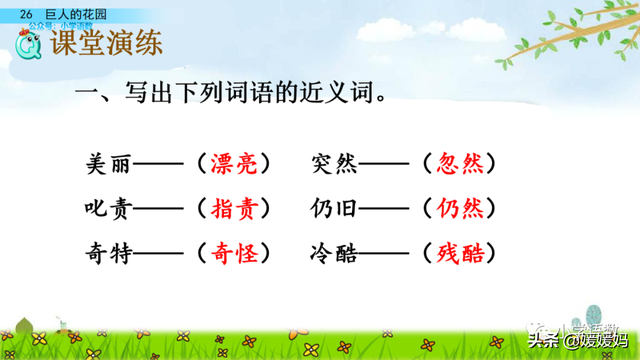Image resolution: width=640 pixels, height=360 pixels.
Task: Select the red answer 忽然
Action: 460,163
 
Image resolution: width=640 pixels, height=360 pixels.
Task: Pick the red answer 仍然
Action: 460,208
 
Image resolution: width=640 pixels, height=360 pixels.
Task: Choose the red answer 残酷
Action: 460,253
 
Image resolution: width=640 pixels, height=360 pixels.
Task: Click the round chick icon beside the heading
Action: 29,44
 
